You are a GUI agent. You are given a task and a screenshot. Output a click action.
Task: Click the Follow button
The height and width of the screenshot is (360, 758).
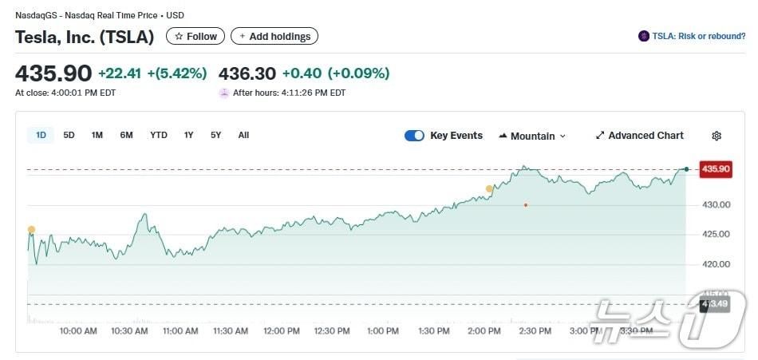[x=195, y=36]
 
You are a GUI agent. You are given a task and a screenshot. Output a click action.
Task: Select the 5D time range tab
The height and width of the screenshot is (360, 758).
[x=69, y=135]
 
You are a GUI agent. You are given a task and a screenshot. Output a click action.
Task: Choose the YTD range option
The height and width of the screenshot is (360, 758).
[x=159, y=135]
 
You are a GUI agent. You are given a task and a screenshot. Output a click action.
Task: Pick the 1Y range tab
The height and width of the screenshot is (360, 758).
[x=189, y=135]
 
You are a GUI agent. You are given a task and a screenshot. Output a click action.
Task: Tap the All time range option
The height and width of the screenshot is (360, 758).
[x=243, y=135]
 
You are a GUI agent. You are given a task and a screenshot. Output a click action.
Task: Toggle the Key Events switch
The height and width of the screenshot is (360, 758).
[x=414, y=136]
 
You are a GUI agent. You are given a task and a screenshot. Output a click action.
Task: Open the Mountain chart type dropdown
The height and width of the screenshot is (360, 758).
[x=532, y=136]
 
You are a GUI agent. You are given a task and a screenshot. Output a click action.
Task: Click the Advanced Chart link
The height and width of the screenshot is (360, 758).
[x=639, y=136]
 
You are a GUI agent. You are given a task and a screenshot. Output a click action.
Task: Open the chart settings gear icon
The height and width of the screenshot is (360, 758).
[x=717, y=136]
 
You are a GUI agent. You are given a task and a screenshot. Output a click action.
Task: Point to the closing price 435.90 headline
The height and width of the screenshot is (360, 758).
[x=53, y=73]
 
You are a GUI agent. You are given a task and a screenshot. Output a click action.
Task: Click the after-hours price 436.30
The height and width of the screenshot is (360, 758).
[x=247, y=73]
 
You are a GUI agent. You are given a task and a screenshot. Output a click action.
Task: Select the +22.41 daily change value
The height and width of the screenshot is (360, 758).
[x=120, y=73]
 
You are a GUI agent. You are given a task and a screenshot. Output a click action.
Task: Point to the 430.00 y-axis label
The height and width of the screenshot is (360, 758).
[x=716, y=204]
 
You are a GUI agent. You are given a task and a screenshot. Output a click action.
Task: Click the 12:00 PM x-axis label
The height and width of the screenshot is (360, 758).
[x=281, y=330]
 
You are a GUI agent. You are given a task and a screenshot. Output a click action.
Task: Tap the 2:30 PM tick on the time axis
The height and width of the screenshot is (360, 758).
[x=535, y=330]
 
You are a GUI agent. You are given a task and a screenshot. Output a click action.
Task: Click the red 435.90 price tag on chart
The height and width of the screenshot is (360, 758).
[x=715, y=168]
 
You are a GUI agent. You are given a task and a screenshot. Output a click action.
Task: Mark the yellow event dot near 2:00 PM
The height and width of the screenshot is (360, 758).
[x=489, y=189]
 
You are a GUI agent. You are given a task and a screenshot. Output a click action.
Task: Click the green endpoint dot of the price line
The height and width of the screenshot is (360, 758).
[x=686, y=168]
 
